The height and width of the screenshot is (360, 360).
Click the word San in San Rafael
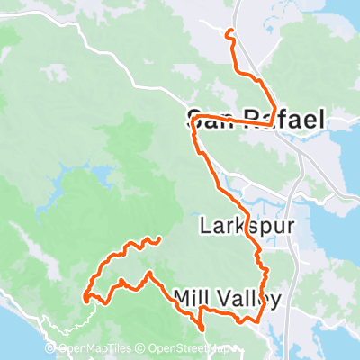[x=207, y=120]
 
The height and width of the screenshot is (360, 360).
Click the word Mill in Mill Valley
[x=191, y=298]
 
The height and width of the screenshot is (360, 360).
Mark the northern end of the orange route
[x=229, y=31]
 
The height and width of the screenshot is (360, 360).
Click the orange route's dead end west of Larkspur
[x=159, y=238]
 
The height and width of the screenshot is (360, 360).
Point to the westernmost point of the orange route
[x=85, y=296]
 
